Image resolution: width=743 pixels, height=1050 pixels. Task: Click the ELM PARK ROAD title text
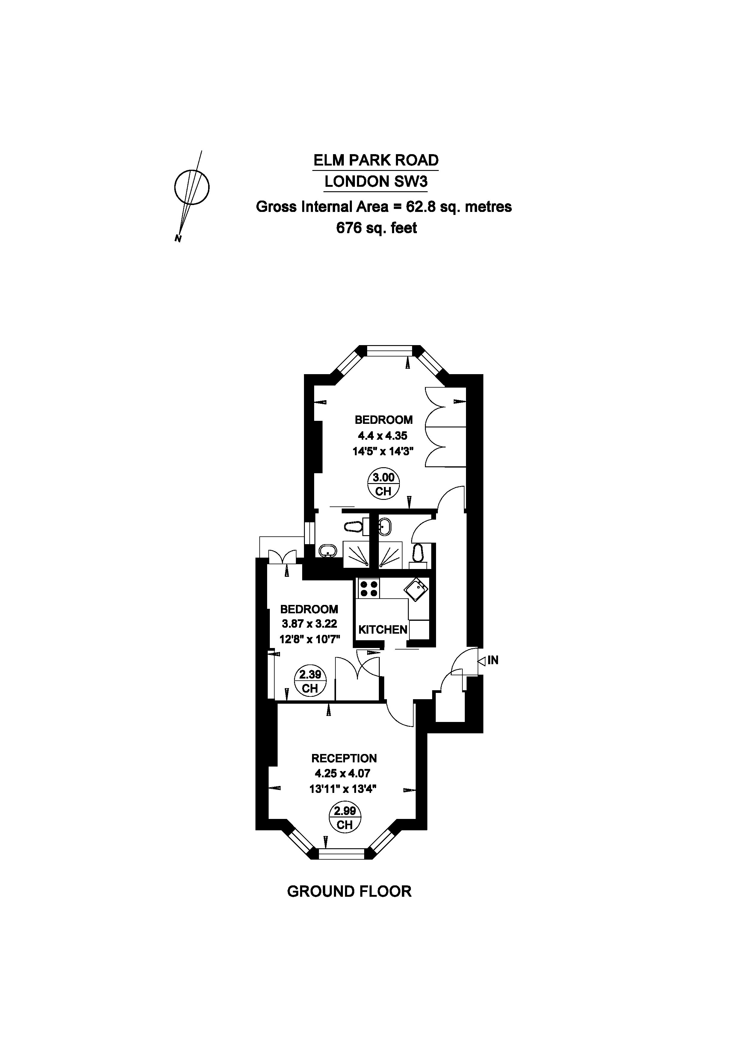point(376,160)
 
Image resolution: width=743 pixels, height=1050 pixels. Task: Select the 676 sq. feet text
point(376,228)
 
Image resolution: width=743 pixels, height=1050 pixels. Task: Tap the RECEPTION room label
point(344,758)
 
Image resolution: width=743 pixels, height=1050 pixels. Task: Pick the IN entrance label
point(493,660)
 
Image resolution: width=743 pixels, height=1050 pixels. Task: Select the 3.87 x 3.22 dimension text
point(309,624)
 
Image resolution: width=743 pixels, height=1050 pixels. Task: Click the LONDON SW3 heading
point(376,182)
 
